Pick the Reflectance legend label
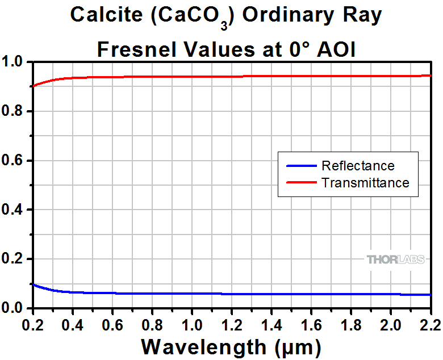click(358, 166)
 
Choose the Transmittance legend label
click(365, 183)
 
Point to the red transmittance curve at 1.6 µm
click(312, 76)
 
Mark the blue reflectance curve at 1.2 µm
click(232, 294)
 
